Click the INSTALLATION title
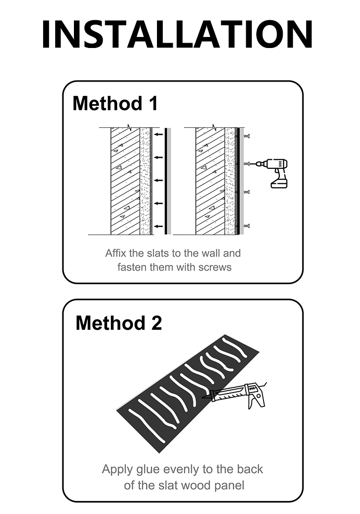[x=178, y=35]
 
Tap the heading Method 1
[x=115, y=103]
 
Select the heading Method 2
[x=119, y=323]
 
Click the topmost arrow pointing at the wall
[x=159, y=134]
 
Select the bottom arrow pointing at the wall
[x=159, y=226]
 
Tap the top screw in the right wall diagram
[x=247, y=136]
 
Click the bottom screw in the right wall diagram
[x=247, y=226]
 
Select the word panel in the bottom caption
[x=229, y=486]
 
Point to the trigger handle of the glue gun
[x=256, y=399]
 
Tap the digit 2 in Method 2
[x=156, y=323]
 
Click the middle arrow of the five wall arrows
[x=159, y=180]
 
